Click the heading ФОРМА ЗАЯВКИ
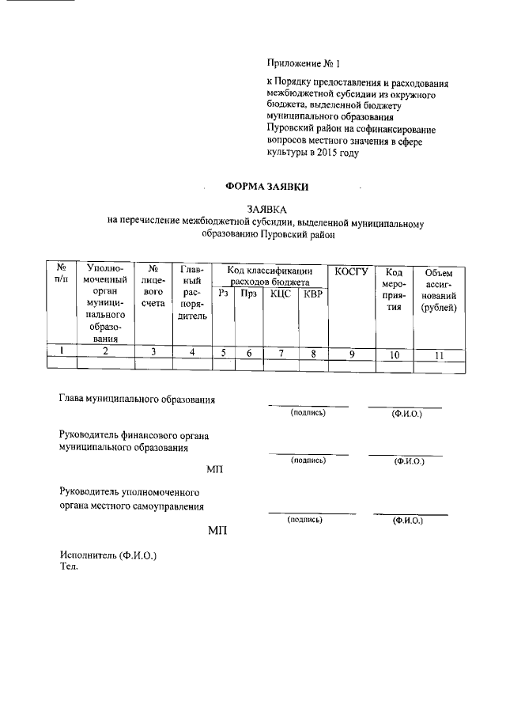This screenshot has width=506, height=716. [x=268, y=187]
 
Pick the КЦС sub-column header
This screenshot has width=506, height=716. [x=281, y=294]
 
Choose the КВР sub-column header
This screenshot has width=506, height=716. [x=313, y=294]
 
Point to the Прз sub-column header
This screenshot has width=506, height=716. [x=248, y=294]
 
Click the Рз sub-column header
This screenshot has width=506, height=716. [x=224, y=294]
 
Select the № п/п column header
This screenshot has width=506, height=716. [x=61, y=273]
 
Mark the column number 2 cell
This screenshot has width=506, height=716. [x=105, y=353]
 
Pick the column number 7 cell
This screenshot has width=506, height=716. [x=281, y=354]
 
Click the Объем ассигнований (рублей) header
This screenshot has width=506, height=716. [x=439, y=290]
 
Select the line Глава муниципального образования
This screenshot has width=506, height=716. [x=137, y=399]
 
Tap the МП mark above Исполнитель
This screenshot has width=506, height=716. [x=217, y=529]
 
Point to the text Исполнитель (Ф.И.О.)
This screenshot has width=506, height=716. [x=108, y=555]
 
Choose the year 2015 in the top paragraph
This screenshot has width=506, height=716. [x=323, y=153]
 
